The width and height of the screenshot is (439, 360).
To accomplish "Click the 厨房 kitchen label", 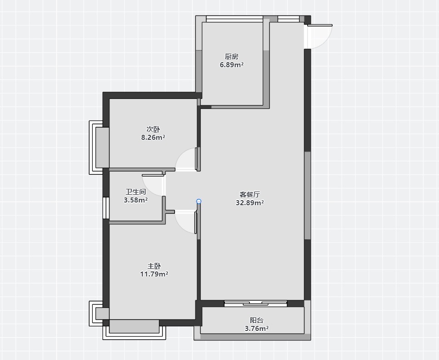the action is pos(231,56).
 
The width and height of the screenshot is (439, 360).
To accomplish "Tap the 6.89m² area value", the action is pos(231,65).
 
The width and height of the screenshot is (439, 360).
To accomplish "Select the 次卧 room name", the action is pos(153,129).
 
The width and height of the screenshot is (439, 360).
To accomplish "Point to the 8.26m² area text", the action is pos(153,138).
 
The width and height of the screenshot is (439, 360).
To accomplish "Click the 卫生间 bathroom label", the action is pos(136,192).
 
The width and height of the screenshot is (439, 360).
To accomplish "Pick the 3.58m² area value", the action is pos(136,200).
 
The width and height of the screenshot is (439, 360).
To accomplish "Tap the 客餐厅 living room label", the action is pos(250,194).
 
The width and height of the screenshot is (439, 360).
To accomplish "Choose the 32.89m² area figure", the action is pos(250,203).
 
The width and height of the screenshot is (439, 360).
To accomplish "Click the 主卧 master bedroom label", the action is pos(154,266).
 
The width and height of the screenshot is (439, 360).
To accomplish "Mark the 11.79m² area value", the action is pos(154,274).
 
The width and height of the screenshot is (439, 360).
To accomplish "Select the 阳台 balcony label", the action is pos(257,320).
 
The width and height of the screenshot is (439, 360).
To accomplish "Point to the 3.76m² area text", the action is pos(257,328).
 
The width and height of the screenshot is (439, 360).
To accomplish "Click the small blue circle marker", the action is pos(199,202).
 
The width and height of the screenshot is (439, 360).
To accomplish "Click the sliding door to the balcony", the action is pos(256,303).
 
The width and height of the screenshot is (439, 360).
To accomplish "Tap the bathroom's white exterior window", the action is pos(106,208).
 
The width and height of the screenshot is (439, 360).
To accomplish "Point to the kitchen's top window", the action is pos(234,19).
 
